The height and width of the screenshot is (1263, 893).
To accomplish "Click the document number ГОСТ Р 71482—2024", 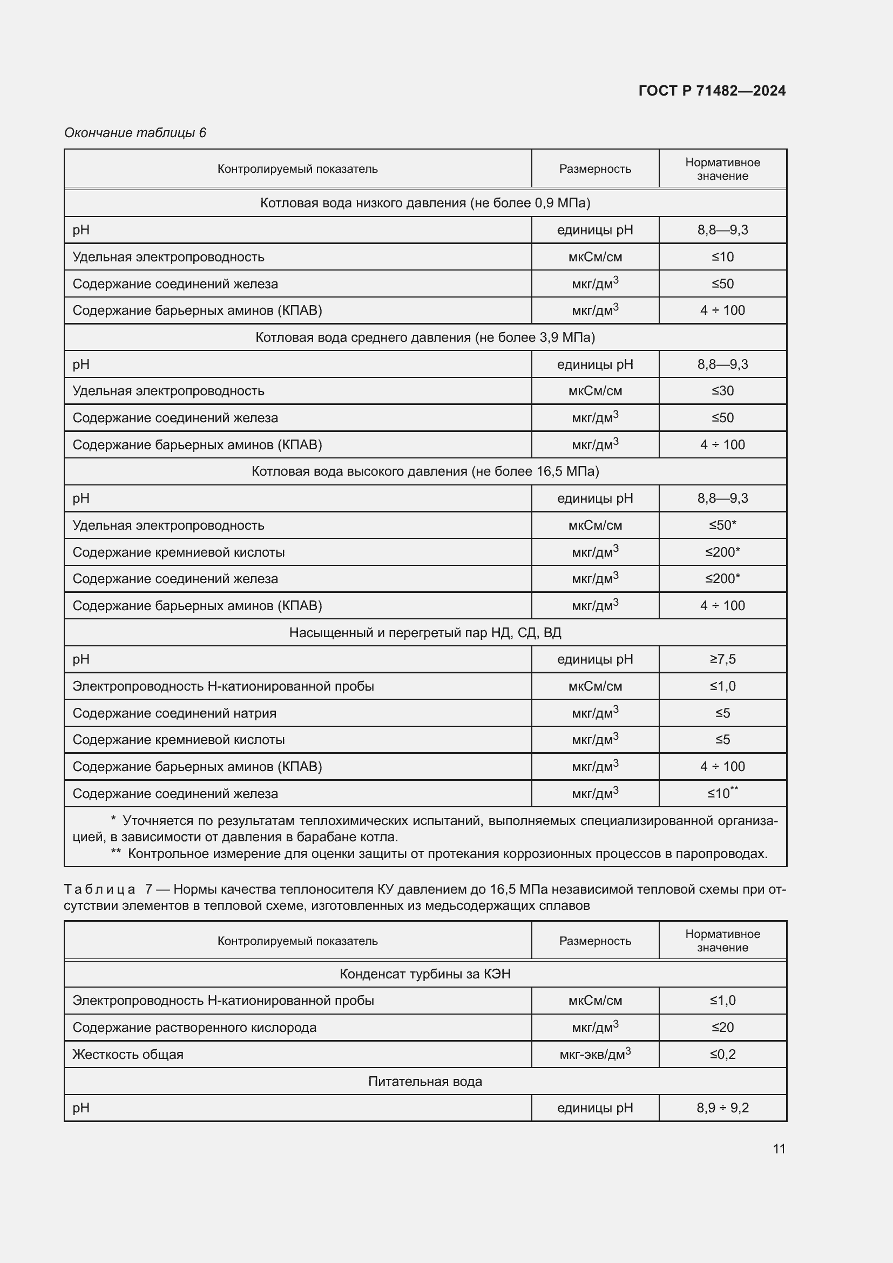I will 712,91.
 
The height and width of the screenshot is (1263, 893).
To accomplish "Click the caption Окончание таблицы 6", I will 135,133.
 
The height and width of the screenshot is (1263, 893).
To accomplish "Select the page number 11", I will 779,1149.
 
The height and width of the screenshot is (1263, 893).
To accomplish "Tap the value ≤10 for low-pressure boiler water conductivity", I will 722,257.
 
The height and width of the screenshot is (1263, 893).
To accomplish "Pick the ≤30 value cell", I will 722,391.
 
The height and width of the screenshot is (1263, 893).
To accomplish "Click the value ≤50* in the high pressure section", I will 722,525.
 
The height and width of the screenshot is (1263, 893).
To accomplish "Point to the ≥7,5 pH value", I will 722,659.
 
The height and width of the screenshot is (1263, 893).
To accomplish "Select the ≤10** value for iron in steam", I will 722,793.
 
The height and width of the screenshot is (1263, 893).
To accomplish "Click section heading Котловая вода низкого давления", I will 424,203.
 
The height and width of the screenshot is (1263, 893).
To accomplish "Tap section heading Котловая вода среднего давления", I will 424,337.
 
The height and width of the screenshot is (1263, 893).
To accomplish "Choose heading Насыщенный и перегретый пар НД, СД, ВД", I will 424,633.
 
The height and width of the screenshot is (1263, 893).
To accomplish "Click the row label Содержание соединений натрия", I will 174,713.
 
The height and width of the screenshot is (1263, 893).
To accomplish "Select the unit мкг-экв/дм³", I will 594,1055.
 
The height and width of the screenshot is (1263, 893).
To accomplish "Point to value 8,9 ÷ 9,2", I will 722,1108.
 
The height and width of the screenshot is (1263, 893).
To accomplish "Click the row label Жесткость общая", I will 127,1055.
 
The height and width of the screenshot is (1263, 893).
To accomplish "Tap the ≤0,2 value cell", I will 722,1055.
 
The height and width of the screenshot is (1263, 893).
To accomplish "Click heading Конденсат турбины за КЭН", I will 424,974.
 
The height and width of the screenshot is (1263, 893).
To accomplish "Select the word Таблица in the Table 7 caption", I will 99,889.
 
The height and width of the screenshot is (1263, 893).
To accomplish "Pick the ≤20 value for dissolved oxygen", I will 722,1028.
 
